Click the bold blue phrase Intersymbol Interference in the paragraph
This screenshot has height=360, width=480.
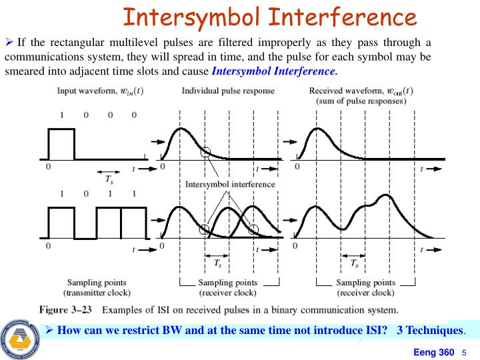pyautogui.click(x=275, y=70)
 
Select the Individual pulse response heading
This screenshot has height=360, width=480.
pyautogui.click(x=227, y=91)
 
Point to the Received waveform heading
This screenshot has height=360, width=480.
pyautogui.click(x=361, y=91)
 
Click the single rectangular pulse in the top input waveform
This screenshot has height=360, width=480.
pyautogui.click(x=61, y=144)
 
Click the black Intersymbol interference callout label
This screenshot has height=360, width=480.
pyautogui.click(x=229, y=184)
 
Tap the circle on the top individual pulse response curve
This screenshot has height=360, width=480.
pyautogui.click(x=205, y=152)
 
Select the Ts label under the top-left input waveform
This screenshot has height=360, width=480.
pyautogui.click(x=109, y=179)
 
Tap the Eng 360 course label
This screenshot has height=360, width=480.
pyautogui.click(x=434, y=352)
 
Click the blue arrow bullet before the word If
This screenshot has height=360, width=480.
pyautogui.click(x=9, y=43)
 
